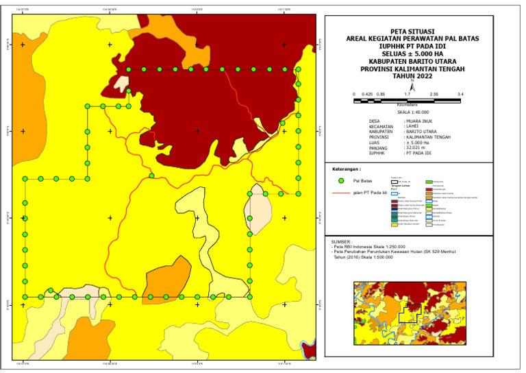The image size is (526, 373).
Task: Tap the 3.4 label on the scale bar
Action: tap(460, 93)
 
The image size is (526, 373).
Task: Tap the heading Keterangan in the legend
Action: tap(346, 168)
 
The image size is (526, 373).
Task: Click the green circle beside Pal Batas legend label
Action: tap(341, 181)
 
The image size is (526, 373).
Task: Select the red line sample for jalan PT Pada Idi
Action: tap(340, 194)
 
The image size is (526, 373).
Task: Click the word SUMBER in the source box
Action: tap(342, 242)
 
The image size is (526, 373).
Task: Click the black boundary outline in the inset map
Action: tap(410, 313)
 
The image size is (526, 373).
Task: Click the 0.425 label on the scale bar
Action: tap(367, 93)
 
